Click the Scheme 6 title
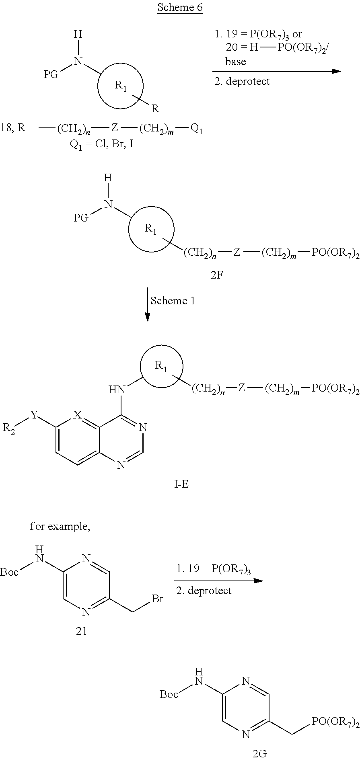[180, 8]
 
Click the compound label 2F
[216, 276]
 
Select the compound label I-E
[181, 484]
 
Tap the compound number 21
[82, 631]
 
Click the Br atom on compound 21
[157, 599]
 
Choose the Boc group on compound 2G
[169, 694]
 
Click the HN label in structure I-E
[117, 389]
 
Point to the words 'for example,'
[60, 527]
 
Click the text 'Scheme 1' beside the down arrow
[173, 301]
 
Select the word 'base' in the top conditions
[235, 62]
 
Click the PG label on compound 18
[51, 74]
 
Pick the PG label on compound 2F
[81, 218]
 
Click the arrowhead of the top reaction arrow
[336, 72]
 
